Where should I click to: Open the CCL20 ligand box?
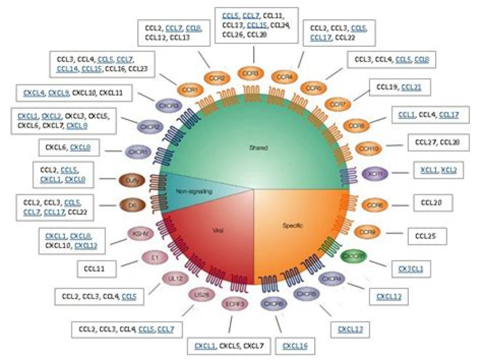(433, 203)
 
